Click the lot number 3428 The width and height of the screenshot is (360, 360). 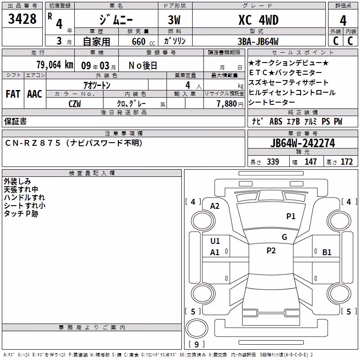[22, 18]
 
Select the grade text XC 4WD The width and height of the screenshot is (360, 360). [258, 20]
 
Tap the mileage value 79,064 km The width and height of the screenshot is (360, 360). [55, 65]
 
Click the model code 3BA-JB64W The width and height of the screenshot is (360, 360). [258, 41]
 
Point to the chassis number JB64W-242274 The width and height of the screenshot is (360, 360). [302, 143]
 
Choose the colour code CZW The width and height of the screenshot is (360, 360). [75, 104]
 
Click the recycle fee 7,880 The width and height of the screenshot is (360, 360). [227, 104]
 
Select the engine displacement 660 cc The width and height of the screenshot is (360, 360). [143, 42]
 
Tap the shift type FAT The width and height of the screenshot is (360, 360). [13, 94]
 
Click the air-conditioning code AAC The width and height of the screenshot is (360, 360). [35, 94]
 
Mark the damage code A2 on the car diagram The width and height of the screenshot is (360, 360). [215, 206]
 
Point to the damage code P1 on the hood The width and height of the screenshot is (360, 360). [291, 216]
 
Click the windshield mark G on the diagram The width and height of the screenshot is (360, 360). [284, 237]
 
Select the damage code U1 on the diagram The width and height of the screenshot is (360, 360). [215, 241]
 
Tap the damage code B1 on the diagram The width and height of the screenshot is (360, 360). [327, 252]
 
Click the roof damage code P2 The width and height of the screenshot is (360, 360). [271, 251]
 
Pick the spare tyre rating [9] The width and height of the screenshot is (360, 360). [197, 344]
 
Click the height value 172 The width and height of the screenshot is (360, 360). [346, 162]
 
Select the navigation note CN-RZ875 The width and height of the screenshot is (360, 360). [32, 143]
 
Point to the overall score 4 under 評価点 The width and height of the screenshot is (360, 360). [343, 20]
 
